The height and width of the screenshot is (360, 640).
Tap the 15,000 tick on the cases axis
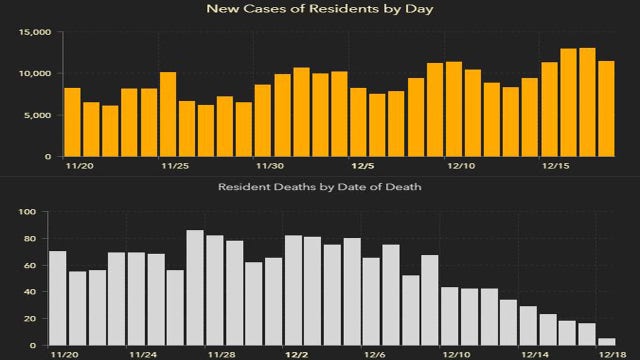(36, 32)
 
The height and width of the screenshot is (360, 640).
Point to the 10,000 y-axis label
(36, 74)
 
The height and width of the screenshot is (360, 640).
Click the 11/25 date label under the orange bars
(176, 167)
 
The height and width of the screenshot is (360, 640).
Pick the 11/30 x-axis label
(270, 167)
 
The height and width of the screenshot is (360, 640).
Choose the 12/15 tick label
(557, 167)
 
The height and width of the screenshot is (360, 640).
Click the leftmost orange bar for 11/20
(72, 122)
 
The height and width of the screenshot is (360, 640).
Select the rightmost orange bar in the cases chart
(606, 109)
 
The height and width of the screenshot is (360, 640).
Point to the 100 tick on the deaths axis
(27, 212)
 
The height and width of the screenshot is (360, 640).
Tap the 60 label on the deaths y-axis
(30, 265)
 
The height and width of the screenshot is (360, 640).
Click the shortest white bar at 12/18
(607, 342)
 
